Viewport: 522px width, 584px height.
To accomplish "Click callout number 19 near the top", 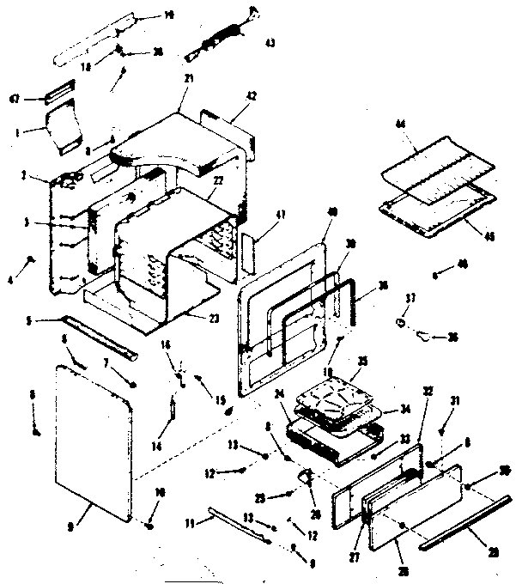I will click(168, 15).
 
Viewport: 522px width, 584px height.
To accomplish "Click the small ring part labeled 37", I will click(399, 323).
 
